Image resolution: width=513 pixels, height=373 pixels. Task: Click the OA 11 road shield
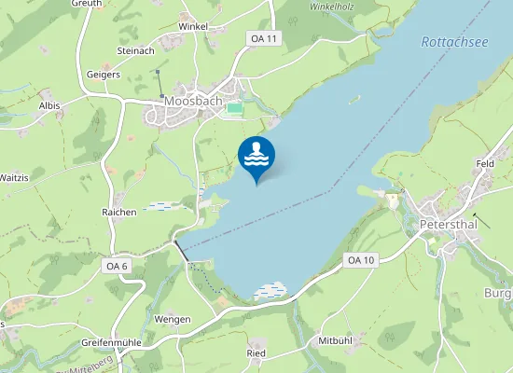tap(264, 38)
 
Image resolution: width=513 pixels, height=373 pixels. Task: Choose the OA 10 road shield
tap(359, 259)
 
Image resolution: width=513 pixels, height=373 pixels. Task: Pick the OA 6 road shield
tap(117, 267)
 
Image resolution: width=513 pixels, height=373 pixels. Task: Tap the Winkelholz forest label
tap(332, 6)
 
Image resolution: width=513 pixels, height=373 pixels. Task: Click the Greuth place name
tap(87, 4)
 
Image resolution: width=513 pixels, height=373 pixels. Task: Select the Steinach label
tap(135, 50)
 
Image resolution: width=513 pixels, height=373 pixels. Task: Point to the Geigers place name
tap(103, 74)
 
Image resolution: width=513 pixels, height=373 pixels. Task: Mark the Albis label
tap(49, 106)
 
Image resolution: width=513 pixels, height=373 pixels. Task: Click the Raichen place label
tap(119, 213)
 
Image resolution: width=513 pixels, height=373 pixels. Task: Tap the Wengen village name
tap(173, 319)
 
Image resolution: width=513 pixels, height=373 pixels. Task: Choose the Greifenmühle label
tap(110, 342)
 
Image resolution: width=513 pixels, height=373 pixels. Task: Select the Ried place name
tap(256, 353)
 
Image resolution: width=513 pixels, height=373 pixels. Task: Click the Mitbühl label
tap(335, 340)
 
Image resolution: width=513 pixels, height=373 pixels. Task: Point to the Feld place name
tap(485, 163)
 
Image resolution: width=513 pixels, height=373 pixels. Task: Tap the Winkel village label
tap(192, 27)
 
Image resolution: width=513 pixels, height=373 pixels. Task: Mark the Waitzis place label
tap(14, 177)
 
